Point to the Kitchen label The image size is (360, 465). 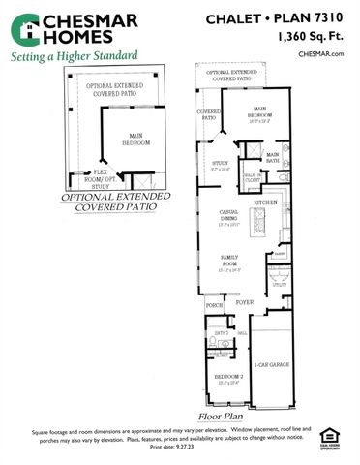tap(265, 201)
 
